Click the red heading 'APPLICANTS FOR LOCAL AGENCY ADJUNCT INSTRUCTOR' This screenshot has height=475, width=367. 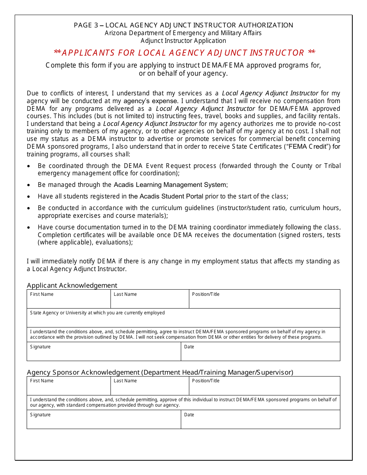tap(184, 53)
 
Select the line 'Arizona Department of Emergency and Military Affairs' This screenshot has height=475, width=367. tap(183, 33)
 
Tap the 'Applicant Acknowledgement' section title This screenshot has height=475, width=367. tap(72, 285)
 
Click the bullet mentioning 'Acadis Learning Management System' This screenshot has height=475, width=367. tap(170, 185)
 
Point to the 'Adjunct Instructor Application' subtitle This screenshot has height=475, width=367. tap(183, 41)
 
